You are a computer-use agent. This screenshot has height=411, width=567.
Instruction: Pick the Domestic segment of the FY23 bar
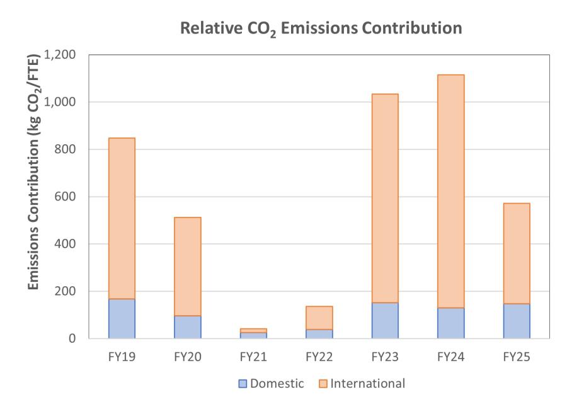385,320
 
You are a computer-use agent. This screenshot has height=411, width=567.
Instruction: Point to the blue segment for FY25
517,321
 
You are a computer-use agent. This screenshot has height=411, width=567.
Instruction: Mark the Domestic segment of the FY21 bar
253,335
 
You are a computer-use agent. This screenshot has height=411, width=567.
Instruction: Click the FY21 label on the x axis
253,357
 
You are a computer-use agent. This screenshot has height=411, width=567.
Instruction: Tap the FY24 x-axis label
450,357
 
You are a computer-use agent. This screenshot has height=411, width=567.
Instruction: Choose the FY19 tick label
122,357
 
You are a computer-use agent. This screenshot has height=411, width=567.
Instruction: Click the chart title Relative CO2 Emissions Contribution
321,28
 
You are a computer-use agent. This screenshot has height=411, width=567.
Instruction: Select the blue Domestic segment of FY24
450,323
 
